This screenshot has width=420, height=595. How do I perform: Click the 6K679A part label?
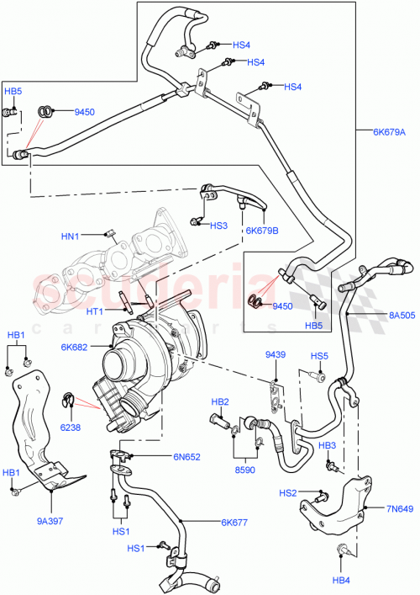pos(389,131)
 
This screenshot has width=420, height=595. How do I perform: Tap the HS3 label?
pos(218,226)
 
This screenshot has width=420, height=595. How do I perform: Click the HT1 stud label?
pos(94,311)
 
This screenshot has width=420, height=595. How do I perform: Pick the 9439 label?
pos(276,355)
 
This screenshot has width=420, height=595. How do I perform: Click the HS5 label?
pos(318,355)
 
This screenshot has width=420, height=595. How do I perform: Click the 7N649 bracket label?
pos(401,507)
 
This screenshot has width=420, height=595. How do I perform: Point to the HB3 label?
pos(328,444)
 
